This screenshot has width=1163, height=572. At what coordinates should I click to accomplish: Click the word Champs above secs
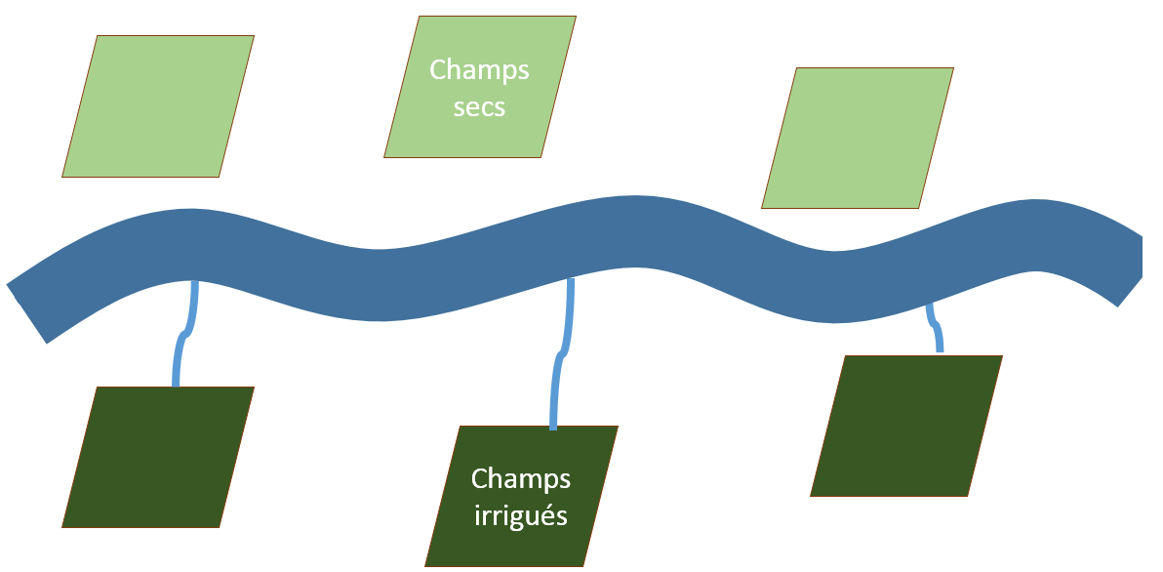pos(479,71)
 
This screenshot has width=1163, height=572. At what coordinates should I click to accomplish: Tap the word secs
pos(479,105)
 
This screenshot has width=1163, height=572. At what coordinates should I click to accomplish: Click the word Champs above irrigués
pos(521,479)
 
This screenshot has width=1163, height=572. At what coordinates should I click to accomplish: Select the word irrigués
pos(521,514)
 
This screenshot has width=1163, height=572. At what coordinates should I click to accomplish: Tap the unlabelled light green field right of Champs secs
pos(858,138)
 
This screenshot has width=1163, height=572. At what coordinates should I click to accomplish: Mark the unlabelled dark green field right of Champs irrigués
pos(906,426)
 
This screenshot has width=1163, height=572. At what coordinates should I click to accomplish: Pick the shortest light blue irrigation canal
pos(936,327)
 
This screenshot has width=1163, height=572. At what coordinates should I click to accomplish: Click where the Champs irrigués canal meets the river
pos(571,282)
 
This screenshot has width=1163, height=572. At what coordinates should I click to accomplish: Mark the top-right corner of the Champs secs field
pos(576,17)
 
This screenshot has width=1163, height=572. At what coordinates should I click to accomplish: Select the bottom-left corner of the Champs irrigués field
pos(426,565)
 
